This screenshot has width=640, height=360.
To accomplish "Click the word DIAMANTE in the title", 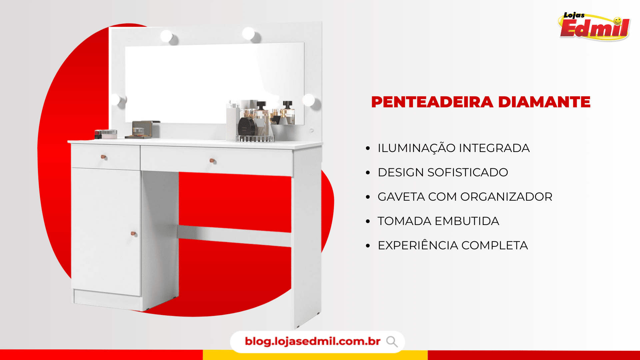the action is tap(544, 102).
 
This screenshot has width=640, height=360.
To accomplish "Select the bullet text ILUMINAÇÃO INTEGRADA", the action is tap(454, 148).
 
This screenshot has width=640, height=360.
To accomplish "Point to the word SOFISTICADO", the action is tap(468, 172).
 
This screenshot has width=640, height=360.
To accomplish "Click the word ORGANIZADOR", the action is tap(506, 197).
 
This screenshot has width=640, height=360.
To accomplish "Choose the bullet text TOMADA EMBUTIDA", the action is tap(438, 221).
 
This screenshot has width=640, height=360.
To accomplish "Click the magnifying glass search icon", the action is tap(392, 342).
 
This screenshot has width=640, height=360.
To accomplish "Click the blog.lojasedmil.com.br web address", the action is tap(313, 341).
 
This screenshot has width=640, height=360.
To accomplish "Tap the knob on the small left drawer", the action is tap(103, 157).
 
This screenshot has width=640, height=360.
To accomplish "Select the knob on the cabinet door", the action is tap(133, 233).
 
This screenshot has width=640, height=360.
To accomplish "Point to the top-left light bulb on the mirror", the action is tap(166, 36).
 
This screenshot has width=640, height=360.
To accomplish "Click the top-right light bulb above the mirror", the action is tap(248, 33).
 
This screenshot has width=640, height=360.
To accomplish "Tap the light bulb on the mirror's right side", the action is tap(309, 100).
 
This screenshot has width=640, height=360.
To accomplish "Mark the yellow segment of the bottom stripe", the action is tap(315, 355).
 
